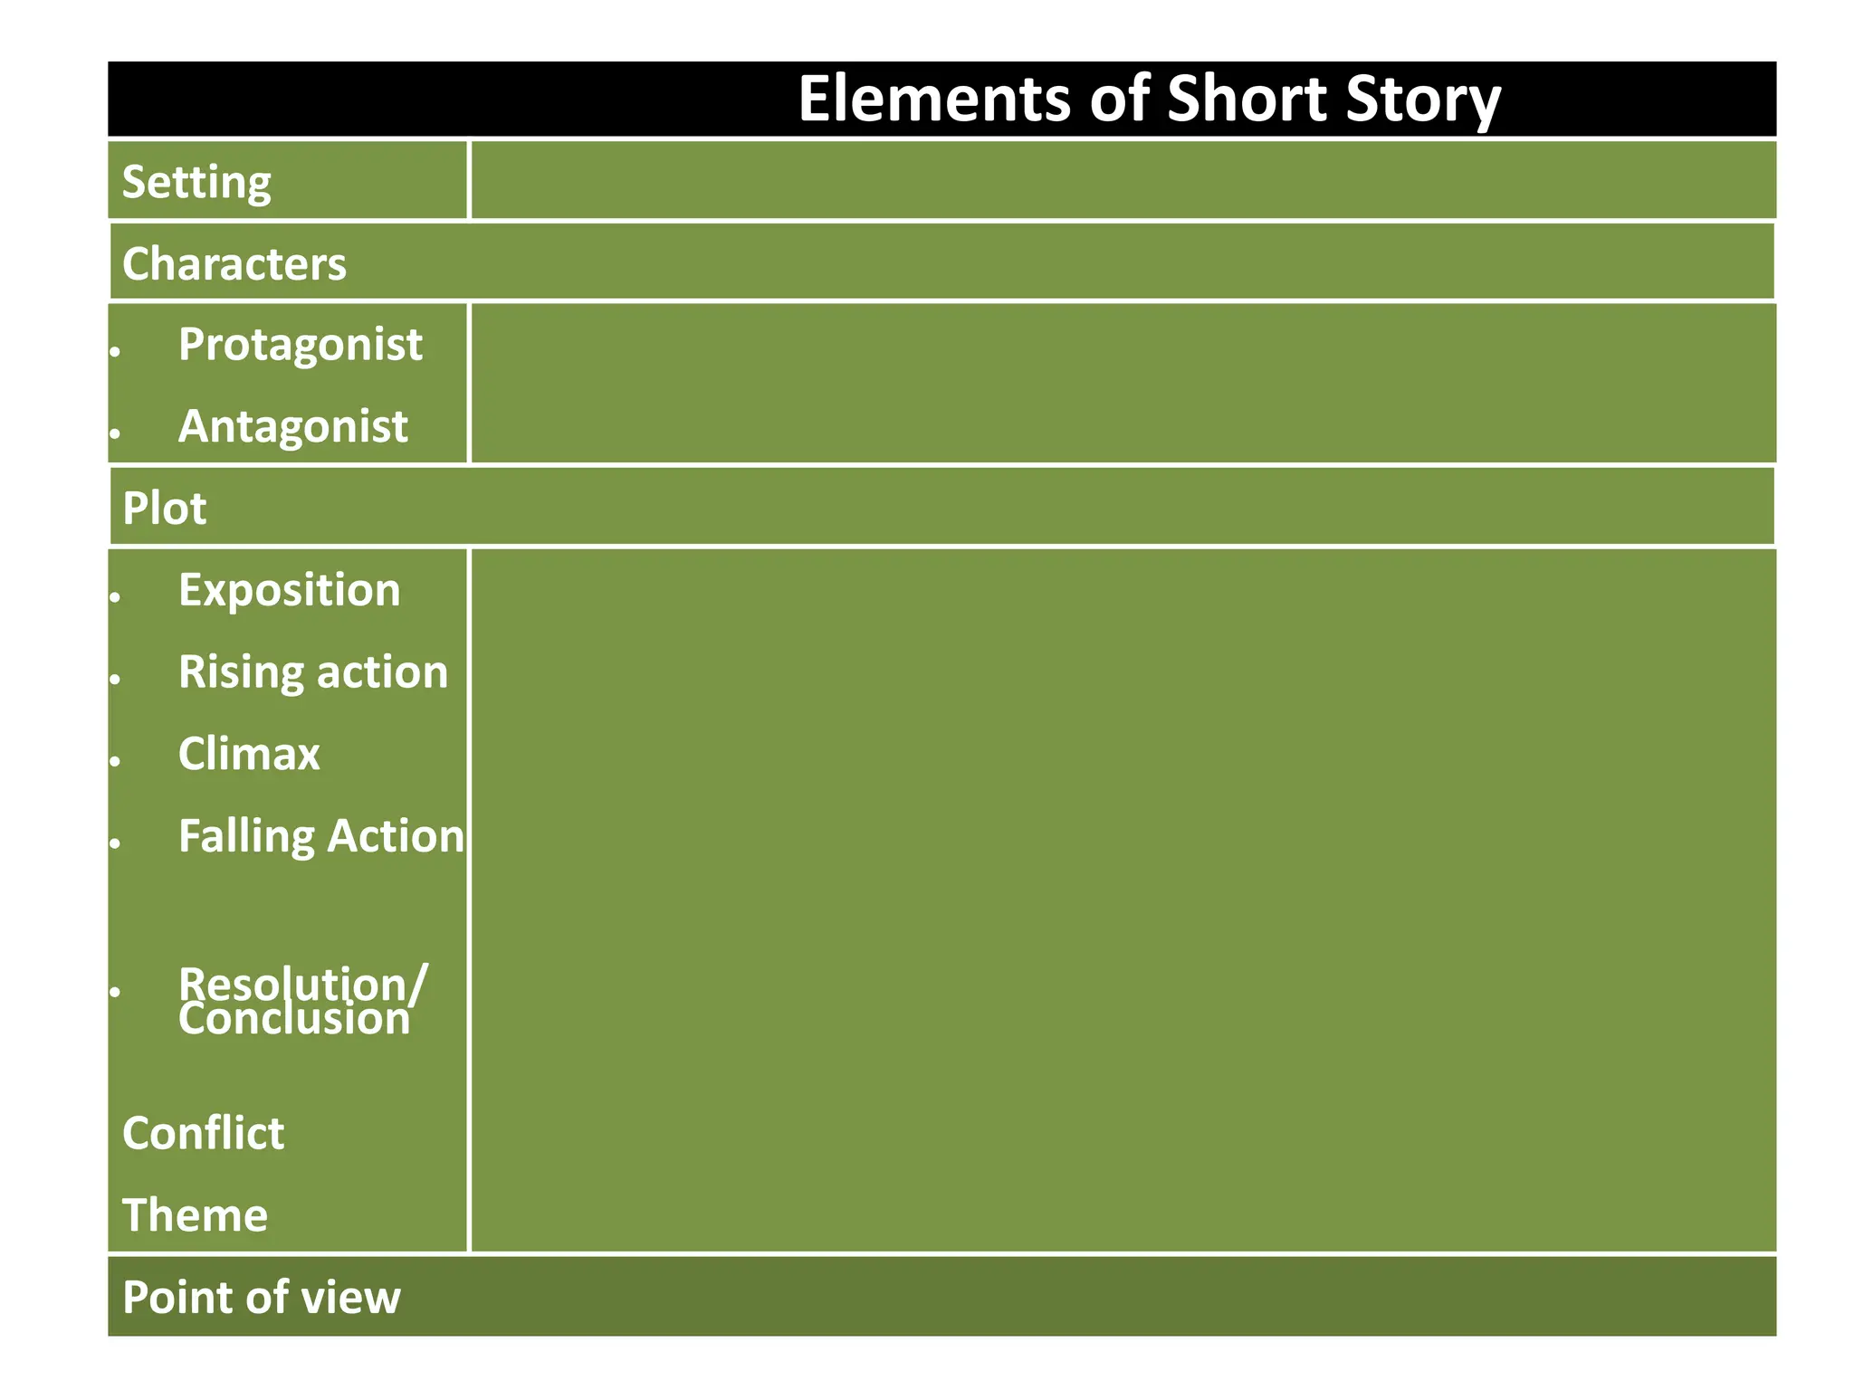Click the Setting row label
point(196,183)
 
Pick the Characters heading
point(234,264)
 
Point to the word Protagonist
point(300,346)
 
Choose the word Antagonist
point(292,426)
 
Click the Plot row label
point(164,509)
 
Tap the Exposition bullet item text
point(289,591)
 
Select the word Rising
point(239,673)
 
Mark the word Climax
point(249,754)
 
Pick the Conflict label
point(203,1133)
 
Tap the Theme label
point(195,1215)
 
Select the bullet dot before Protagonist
point(115,352)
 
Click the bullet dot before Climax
point(115,761)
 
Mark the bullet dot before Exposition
point(115,597)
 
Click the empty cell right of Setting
point(1123,180)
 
